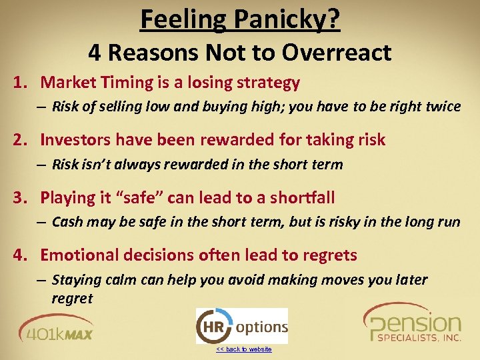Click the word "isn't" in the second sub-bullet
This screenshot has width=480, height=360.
97,165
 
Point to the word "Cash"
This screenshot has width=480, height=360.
67,222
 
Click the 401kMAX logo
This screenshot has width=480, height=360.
56,329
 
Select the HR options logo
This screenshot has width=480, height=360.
241,326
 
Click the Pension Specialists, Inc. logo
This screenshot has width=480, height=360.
412,325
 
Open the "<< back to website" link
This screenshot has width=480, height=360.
243,349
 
